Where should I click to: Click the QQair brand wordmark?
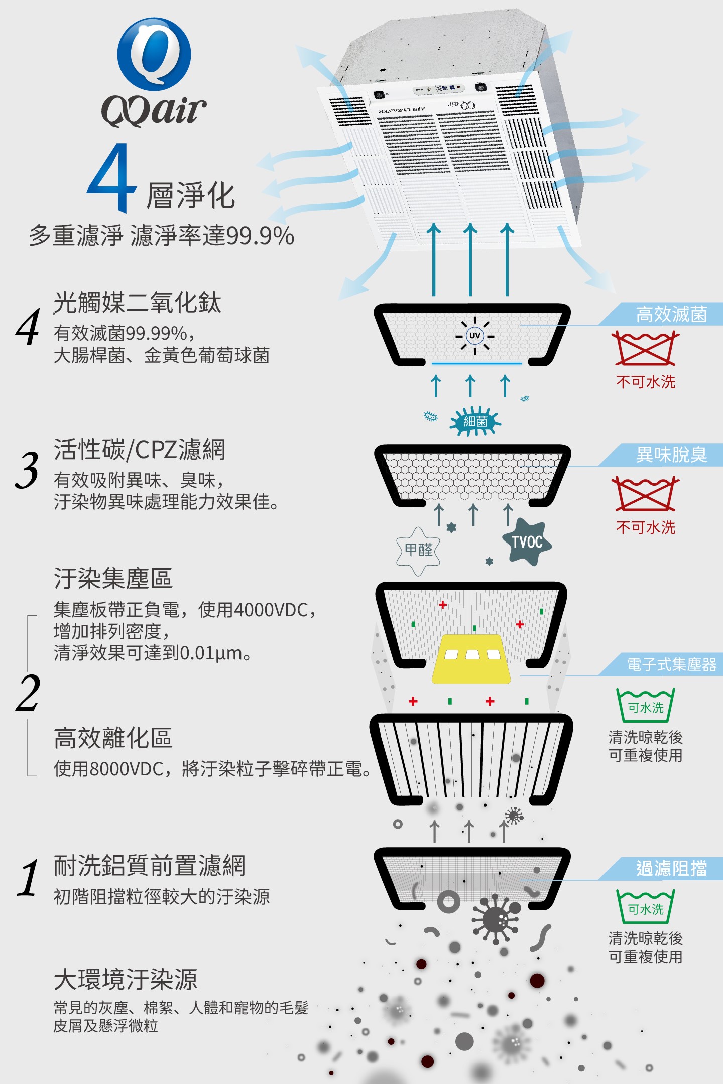coord(154,110)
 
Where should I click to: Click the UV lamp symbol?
coord(474,336)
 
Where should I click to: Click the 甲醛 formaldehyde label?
coord(418,550)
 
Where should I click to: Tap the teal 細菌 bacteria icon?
coord(475,421)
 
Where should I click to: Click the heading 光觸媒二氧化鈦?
coord(137,303)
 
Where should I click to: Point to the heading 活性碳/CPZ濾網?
coord(140,449)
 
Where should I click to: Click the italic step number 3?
coord(27,470)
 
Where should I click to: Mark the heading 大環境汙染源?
coord(126,979)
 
